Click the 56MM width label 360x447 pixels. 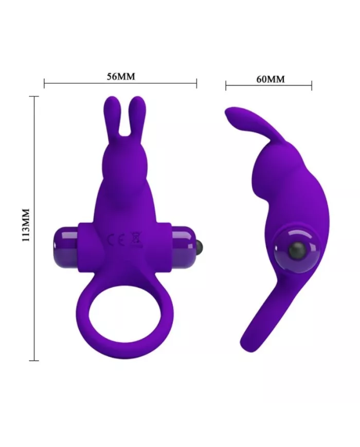click(x=121, y=77)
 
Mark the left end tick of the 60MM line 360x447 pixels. click(x=226, y=85)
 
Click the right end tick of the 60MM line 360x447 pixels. click(x=312, y=85)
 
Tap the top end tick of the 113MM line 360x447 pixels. click(x=34, y=96)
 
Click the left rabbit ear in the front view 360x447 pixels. click(x=110, y=116)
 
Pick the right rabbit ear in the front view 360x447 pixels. click(x=138, y=116)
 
